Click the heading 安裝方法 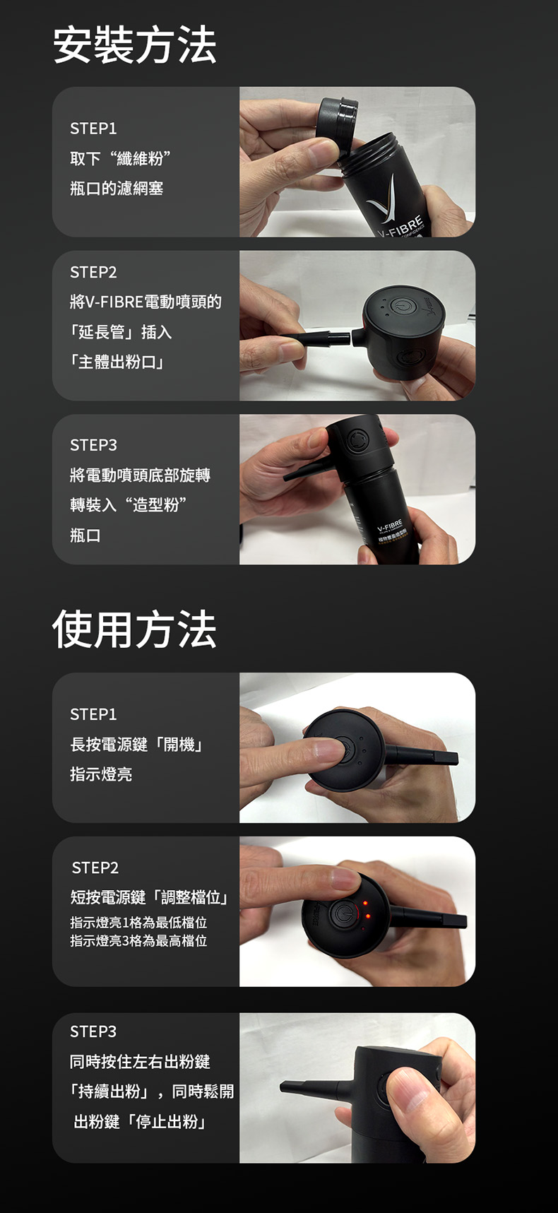click(134, 45)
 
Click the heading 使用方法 click(134, 629)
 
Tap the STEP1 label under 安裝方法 click(93, 129)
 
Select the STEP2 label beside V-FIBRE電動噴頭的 click(93, 272)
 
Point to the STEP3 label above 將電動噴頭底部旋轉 click(93, 445)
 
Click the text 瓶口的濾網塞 click(117, 189)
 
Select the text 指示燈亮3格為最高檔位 click(138, 941)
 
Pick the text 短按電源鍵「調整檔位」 click(150, 898)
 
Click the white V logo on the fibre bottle click(386, 198)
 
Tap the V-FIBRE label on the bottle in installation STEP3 click(390, 526)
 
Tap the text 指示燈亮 click(101, 774)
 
